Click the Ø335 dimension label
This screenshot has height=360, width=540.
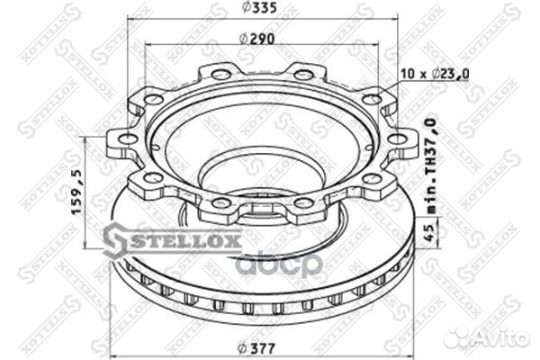point(259,7)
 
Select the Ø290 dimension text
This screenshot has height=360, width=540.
point(256,39)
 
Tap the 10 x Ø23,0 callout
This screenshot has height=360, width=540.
point(435,74)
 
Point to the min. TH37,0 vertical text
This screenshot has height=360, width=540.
point(431,166)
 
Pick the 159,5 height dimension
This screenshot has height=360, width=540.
point(77,192)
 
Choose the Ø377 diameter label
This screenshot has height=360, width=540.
point(256,348)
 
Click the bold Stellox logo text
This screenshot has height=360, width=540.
point(184,241)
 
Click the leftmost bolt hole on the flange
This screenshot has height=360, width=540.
point(128,139)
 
